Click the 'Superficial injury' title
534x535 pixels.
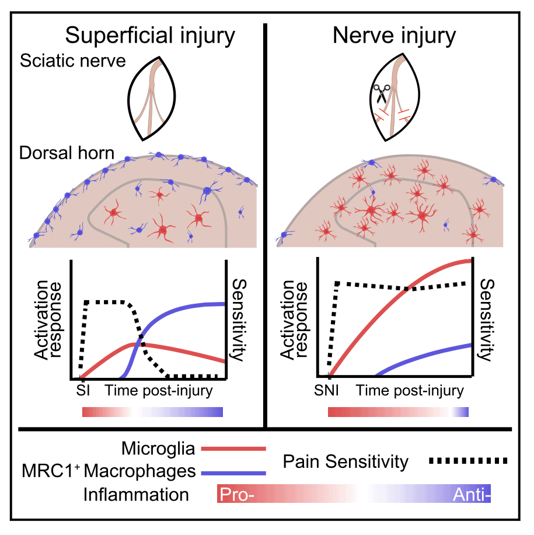pos(150,36)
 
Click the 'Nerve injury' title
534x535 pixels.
pos(394,36)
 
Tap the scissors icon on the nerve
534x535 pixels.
pos(381,93)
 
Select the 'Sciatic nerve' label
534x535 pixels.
pos(72,61)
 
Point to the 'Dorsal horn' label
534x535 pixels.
pos(67,153)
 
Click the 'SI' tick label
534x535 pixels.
pos(83,390)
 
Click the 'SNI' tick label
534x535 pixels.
pos(326,390)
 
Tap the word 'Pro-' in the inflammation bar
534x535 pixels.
pos(237,494)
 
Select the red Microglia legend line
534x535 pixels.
pos(233,449)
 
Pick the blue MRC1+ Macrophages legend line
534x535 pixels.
pos(233,473)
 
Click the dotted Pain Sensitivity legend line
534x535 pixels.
pos(468,461)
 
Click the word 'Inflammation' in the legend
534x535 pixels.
pos(136,494)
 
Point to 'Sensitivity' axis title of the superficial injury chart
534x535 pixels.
pos(239,319)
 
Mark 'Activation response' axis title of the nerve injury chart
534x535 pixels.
pos(294,319)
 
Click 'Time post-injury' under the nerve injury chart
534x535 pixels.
pos(410,391)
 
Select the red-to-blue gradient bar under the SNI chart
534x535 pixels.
pos(398,412)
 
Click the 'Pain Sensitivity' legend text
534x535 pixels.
pos(345,461)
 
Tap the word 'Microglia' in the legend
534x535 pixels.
pos(158,449)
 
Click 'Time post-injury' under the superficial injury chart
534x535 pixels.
pos(159,391)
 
